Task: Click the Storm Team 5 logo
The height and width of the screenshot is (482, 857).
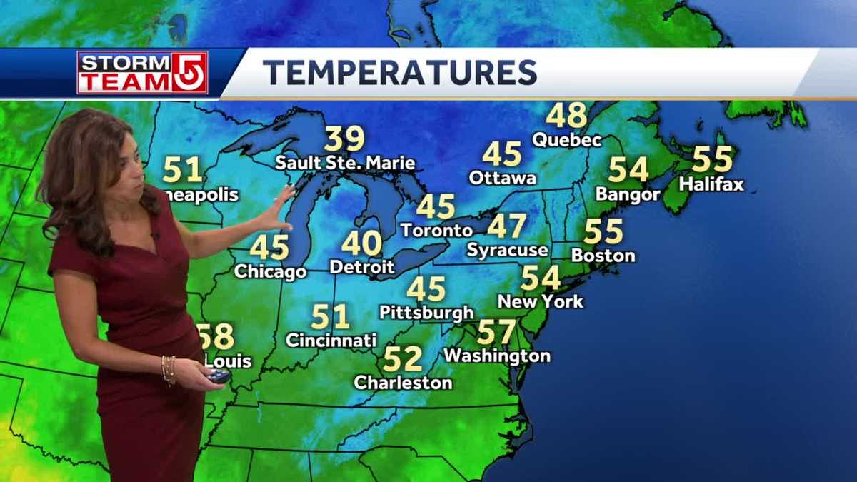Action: coord(142,72)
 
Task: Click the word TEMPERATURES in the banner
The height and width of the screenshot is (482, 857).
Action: coord(399,72)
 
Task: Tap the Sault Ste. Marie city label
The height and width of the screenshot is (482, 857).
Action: coord(346,163)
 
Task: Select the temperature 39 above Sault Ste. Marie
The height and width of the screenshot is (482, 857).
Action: coord(344,139)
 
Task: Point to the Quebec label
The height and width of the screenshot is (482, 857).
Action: coord(567,139)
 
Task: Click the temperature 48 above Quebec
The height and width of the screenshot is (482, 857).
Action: coord(566,114)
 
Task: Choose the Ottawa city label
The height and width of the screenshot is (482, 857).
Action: coord(503,177)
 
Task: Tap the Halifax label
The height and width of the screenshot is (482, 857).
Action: coord(711,184)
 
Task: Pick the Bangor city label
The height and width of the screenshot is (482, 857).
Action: coord(628,194)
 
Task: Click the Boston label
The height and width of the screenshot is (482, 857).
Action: coord(603,255)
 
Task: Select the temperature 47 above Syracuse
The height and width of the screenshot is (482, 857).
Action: coord(507,226)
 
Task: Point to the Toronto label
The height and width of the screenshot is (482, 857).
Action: coord(436,230)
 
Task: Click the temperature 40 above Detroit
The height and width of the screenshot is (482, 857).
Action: coord(361,243)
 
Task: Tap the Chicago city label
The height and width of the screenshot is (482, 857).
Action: coord(270,271)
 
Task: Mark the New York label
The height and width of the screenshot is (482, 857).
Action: coord(541,301)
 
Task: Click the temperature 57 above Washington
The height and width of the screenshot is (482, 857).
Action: coord(496,331)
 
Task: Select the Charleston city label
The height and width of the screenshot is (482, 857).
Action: coord(404,383)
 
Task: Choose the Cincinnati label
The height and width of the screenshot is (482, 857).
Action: coord(331,340)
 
